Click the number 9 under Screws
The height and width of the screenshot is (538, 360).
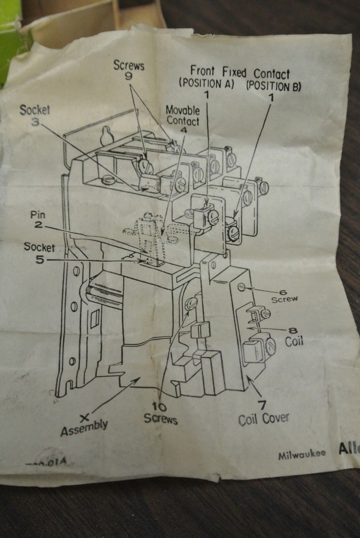(x=129, y=76)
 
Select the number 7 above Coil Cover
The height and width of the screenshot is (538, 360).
(x=264, y=403)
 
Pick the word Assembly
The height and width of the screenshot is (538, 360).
(x=84, y=427)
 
